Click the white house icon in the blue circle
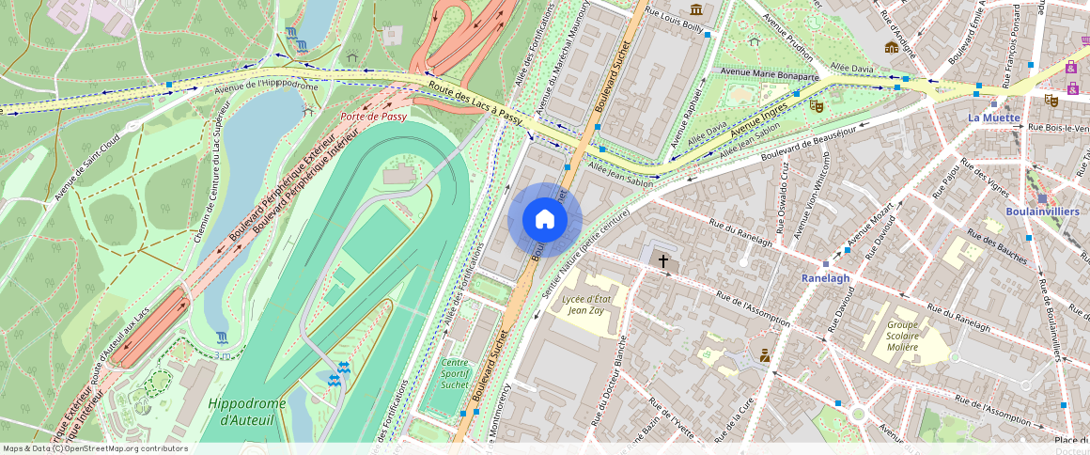(545, 219)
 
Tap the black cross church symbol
(662, 260)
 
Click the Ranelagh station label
(825, 278)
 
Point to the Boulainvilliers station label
(1041, 212)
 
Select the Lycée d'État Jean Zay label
(587, 305)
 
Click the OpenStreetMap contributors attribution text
(95, 448)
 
